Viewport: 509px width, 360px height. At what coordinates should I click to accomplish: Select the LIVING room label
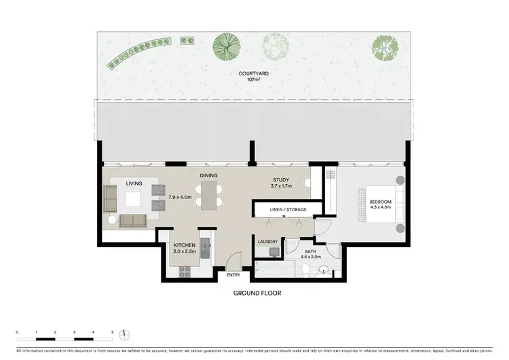coord(134,183)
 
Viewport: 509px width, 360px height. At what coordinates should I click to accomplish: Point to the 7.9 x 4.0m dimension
coord(180,197)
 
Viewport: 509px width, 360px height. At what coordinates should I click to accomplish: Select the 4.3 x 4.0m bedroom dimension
coord(380,208)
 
